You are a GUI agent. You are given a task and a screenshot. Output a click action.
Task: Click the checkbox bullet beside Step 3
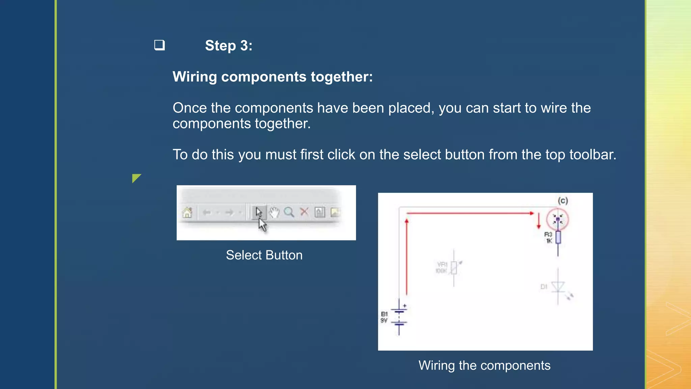tap(159, 45)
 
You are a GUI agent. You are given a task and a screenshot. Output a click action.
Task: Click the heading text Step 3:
tap(228, 46)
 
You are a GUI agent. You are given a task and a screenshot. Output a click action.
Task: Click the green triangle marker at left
tap(136, 178)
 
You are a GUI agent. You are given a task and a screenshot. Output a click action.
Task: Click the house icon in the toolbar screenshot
tap(187, 212)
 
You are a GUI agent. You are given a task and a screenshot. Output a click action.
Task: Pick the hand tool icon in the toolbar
tap(274, 212)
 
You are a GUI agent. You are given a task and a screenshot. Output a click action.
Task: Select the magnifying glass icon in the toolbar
tap(289, 212)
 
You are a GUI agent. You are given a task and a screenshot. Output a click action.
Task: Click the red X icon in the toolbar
tap(304, 212)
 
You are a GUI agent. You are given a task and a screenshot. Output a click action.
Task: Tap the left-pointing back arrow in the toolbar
tap(206, 212)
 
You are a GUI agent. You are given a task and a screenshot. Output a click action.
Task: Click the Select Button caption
tap(264, 255)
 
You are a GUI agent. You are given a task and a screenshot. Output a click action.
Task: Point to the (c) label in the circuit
tap(563, 201)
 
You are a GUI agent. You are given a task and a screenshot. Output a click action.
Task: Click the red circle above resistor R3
tap(557, 219)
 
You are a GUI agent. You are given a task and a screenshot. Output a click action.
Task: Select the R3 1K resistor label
tap(549, 237)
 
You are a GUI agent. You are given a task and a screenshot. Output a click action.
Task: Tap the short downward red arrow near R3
tap(539, 221)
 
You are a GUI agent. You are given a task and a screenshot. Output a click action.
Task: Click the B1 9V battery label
tap(384, 317)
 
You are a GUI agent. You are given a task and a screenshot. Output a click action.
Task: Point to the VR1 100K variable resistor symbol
tap(453, 268)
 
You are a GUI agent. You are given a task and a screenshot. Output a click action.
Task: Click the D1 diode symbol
tap(558, 287)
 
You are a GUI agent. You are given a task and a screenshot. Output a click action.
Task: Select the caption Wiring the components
tap(485, 366)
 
